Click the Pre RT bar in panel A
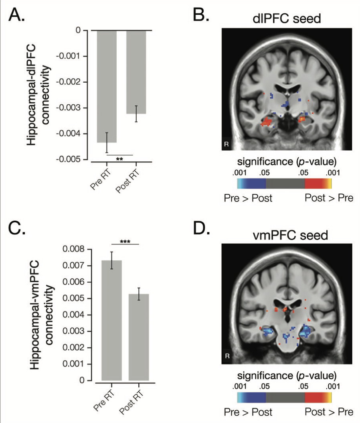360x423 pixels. (x=107, y=86)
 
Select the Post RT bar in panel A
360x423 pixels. (x=136, y=72)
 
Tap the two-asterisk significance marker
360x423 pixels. (x=119, y=159)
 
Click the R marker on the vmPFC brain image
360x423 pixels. (x=227, y=355)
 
